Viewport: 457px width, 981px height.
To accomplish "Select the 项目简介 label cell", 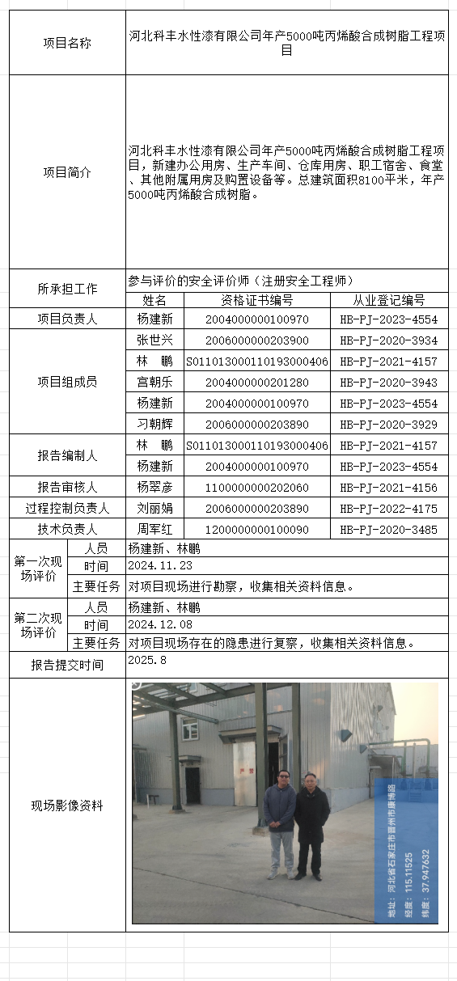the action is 66,172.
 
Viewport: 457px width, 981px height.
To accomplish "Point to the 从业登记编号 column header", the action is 388,300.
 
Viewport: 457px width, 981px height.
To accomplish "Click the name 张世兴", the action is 154,340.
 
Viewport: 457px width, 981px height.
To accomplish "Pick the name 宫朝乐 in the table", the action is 154,383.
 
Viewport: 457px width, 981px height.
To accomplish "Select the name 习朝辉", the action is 154,425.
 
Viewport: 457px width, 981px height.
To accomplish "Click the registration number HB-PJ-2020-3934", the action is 388,340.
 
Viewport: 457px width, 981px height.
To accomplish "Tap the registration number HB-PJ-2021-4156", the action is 388,488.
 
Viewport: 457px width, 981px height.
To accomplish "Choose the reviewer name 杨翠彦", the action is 154,488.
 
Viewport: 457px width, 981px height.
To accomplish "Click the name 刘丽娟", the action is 154,509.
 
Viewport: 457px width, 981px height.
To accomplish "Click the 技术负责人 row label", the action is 66,530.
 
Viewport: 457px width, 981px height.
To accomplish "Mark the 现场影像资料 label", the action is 66,806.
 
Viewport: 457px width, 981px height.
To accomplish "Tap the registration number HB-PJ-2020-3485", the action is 388,530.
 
